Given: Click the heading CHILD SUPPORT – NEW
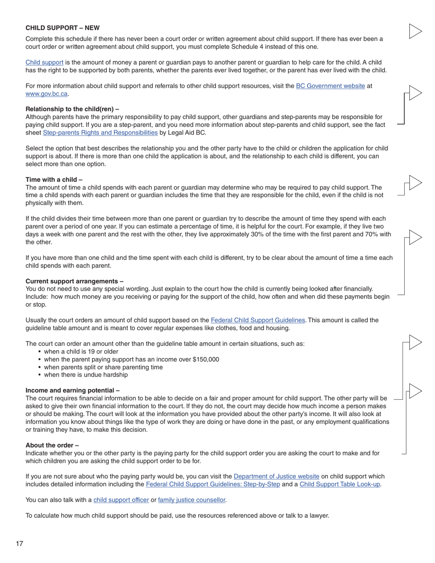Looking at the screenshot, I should (63, 28).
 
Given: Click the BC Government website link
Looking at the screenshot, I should (330, 86).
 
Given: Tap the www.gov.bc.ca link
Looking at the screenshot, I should (47, 94).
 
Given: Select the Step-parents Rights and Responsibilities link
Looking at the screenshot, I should (100, 133).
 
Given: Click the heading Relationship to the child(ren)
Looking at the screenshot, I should (72, 109).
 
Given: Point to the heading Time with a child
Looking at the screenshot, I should (54, 180).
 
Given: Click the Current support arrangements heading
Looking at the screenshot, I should (74, 281).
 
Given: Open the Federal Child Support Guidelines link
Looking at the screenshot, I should (257, 320).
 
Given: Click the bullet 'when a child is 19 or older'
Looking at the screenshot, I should (81, 352).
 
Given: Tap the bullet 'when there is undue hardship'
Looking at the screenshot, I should (86, 375).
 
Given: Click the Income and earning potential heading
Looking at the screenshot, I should (72, 390).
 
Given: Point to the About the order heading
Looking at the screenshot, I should (52, 445).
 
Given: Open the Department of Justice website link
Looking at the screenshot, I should (276, 476).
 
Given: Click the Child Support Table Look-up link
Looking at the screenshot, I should (339, 484).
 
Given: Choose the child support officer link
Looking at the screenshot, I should (121, 500).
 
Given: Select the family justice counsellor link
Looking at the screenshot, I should (191, 500).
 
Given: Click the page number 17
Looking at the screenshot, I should (19, 544).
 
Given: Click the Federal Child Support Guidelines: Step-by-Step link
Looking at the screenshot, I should (212, 484).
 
